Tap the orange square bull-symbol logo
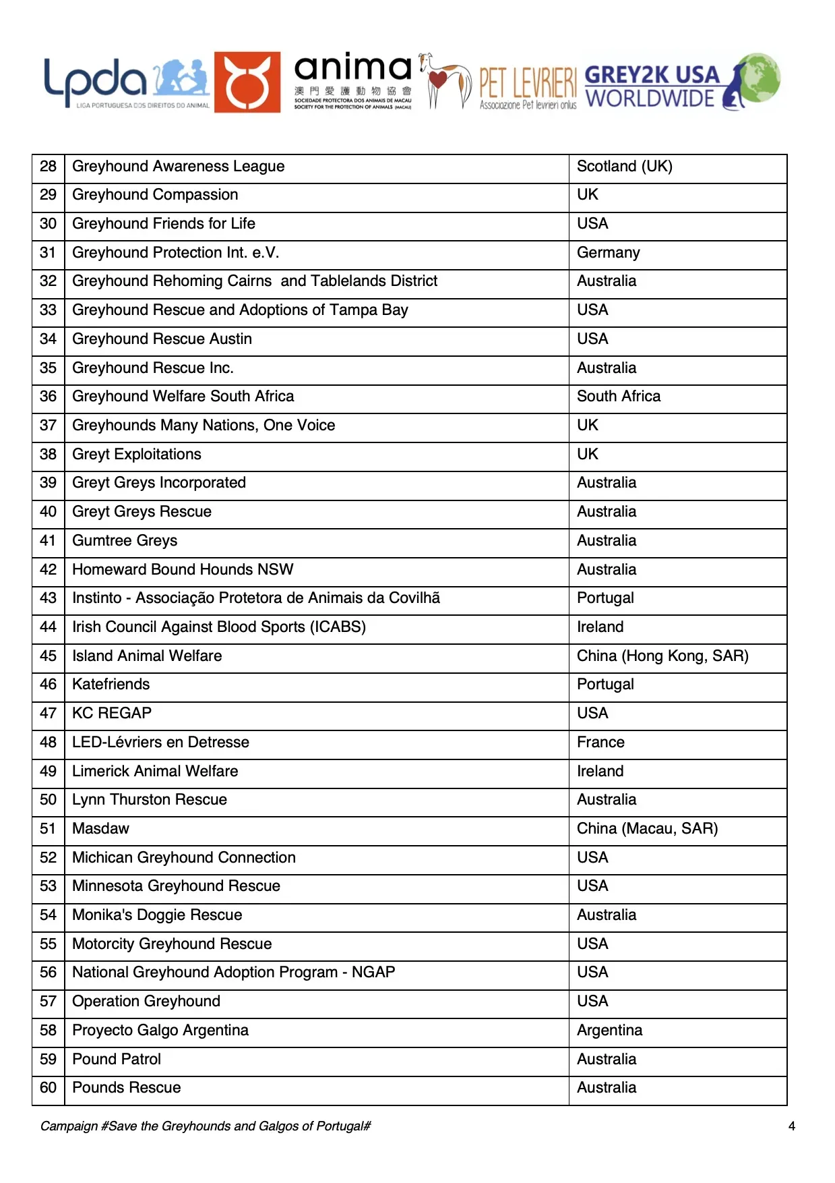[x=247, y=82]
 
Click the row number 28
[x=48, y=167]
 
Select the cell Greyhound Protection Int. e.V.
[x=175, y=253]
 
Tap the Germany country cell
[x=608, y=253]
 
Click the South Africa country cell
[x=618, y=397]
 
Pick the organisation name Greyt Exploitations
[x=137, y=455]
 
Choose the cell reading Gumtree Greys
[x=125, y=541]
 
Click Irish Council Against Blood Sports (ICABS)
[x=219, y=627]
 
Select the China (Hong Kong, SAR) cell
[x=662, y=656]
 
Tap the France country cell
[x=600, y=743]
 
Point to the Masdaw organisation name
[x=100, y=829]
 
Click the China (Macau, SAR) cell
[x=647, y=829]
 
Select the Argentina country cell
[x=609, y=1031]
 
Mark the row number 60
[x=48, y=1088]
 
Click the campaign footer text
[x=206, y=1126]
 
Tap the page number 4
[x=792, y=1126]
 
